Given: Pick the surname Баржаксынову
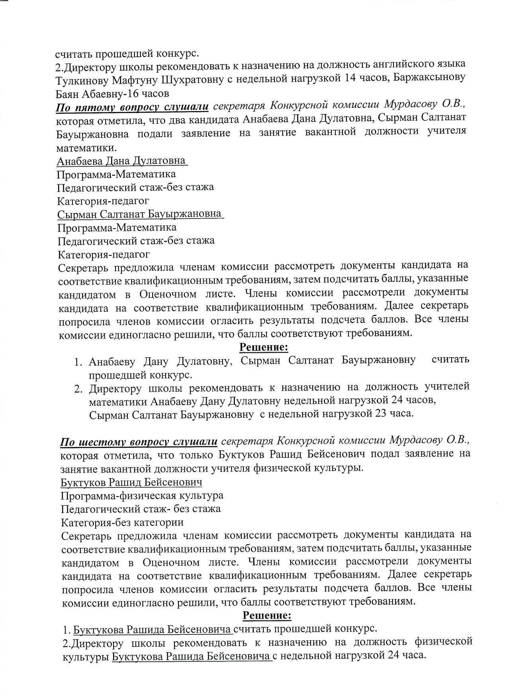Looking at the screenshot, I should tap(429, 78).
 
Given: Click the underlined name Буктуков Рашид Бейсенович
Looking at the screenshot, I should tap(131, 482).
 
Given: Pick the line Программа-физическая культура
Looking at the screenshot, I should tap(142, 496).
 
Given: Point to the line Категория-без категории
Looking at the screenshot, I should tap(122, 522).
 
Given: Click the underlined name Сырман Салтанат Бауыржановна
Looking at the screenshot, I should tap(139, 214).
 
